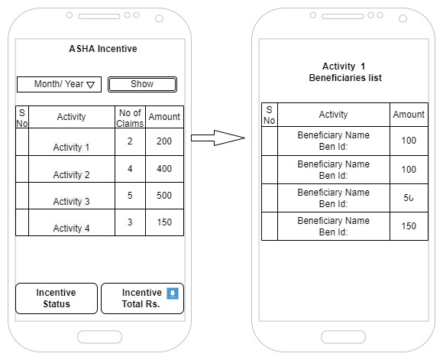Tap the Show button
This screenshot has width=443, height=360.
coord(142,84)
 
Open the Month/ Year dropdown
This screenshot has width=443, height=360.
coord(59,84)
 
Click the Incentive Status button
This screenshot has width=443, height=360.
coord(57,298)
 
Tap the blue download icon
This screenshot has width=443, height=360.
coord(173,294)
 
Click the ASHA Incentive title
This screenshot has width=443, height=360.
coord(103,49)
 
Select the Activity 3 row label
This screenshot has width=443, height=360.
coord(71,201)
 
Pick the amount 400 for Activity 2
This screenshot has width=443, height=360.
coord(164,169)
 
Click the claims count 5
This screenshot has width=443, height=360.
coord(130,196)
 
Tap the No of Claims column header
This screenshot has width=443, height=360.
coord(130,118)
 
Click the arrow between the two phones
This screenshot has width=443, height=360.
coord(218,138)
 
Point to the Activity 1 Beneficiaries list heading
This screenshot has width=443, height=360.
coord(345,72)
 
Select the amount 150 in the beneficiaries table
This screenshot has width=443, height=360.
coord(409,226)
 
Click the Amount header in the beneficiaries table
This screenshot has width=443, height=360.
coord(409,115)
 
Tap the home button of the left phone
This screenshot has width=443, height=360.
coord(99,337)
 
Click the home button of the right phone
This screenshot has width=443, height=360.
coord(343,337)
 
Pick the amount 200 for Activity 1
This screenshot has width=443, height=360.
coord(164,141)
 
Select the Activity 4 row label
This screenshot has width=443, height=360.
coord(71,229)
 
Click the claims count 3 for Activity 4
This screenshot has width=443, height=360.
coord(130,222)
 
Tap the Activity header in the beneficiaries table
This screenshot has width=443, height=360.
coord(333,115)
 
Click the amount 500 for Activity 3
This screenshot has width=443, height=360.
coord(164,196)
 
